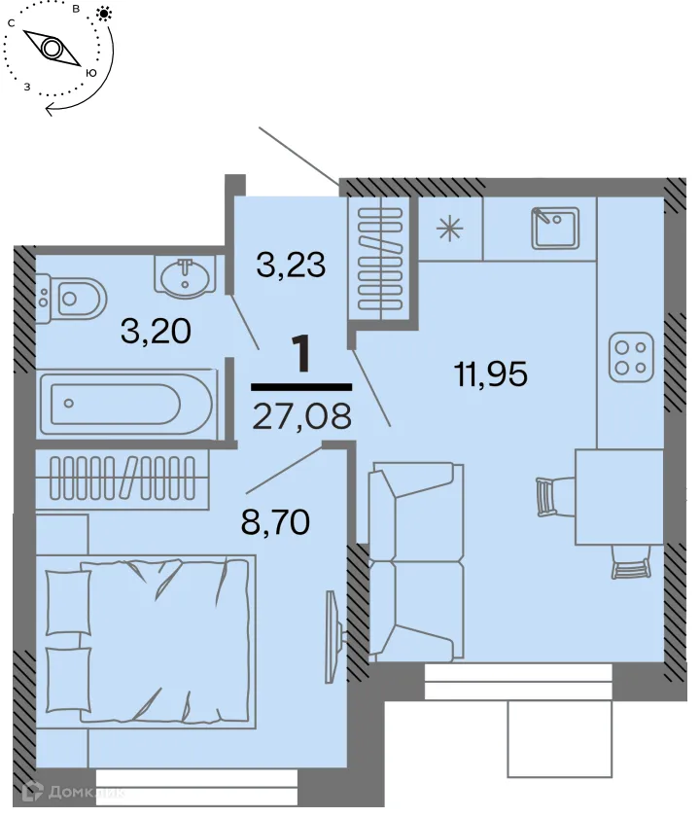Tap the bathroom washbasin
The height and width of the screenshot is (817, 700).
click(x=184, y=276)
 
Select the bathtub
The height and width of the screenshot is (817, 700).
click(x=124, y=400)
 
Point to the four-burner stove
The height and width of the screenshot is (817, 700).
click(x=630, y=356)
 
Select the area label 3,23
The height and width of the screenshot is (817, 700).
click(x=290, y=264)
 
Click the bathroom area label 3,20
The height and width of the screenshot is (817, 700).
click(x=156, y=331)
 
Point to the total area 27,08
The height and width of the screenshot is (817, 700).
click(x=300, y=416)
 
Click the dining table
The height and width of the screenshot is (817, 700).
click(x=619, y=496)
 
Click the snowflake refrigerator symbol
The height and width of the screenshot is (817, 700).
click(x=448, y=229)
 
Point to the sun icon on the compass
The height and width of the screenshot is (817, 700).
click(x=103, y=15)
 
